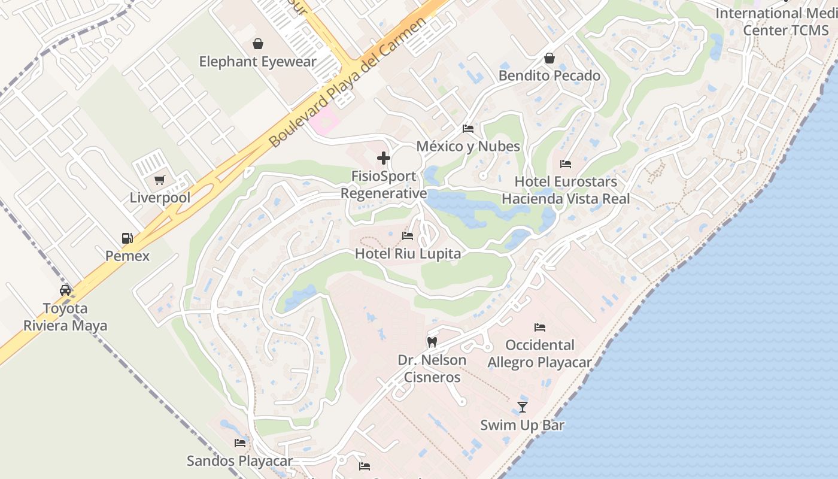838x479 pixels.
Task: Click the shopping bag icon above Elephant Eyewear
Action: click(257, 44)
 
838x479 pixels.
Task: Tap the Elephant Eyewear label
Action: click(257, 62)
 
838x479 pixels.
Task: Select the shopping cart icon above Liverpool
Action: click(159, 180)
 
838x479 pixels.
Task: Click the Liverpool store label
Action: click(160, 198)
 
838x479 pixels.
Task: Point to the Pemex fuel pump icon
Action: click(127, 238)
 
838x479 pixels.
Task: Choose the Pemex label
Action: click(127, 256)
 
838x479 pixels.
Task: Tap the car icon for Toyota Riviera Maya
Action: click(65, 290)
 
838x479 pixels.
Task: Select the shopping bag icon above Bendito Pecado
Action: click(549, 58)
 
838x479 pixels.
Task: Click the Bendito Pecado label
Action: click(549, 75)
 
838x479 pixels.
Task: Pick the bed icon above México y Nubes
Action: click(468, 129)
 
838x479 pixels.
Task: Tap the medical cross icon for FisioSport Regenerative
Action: click(384, 159)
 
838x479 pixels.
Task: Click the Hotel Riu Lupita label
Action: click(408, 253)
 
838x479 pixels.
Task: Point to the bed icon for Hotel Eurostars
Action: click(566, 163)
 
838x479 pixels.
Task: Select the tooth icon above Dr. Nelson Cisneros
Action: click(432, 342)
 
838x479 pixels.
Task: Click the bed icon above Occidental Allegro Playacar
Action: click(539, 328)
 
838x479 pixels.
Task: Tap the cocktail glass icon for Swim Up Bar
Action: click(523, 407)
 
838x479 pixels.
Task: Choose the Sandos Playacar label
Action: click(239, 460)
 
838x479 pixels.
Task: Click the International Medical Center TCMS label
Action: click(776, 22)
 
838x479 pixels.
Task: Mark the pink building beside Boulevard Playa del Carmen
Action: click(324, 122)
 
